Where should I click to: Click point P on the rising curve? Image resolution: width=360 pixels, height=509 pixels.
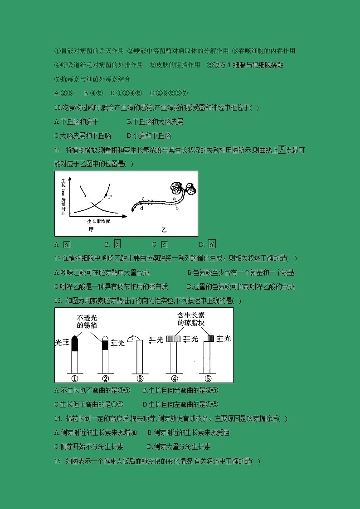[x=106, y=195]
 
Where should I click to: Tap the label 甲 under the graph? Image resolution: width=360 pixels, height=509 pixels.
[x=91, y=230]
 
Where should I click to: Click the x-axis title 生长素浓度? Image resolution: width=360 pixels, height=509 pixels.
[x=99, y=222]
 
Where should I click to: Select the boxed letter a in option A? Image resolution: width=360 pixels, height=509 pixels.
[x=67, y=245]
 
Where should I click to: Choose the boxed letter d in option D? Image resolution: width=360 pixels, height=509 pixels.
[x=212, y=245]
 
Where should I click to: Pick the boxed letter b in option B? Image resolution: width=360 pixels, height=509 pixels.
[x=117, y=245]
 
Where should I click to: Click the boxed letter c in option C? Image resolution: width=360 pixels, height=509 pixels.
[x=164, y=245]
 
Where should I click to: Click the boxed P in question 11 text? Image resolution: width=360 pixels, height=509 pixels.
[x=282, y=150]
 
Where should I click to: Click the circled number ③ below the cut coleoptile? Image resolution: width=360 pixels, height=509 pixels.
[x=140, y=378]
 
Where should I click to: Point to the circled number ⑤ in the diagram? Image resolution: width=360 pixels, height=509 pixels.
[x=208, y=378]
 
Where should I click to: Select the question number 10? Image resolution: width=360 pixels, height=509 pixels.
[x=57, y=108]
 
